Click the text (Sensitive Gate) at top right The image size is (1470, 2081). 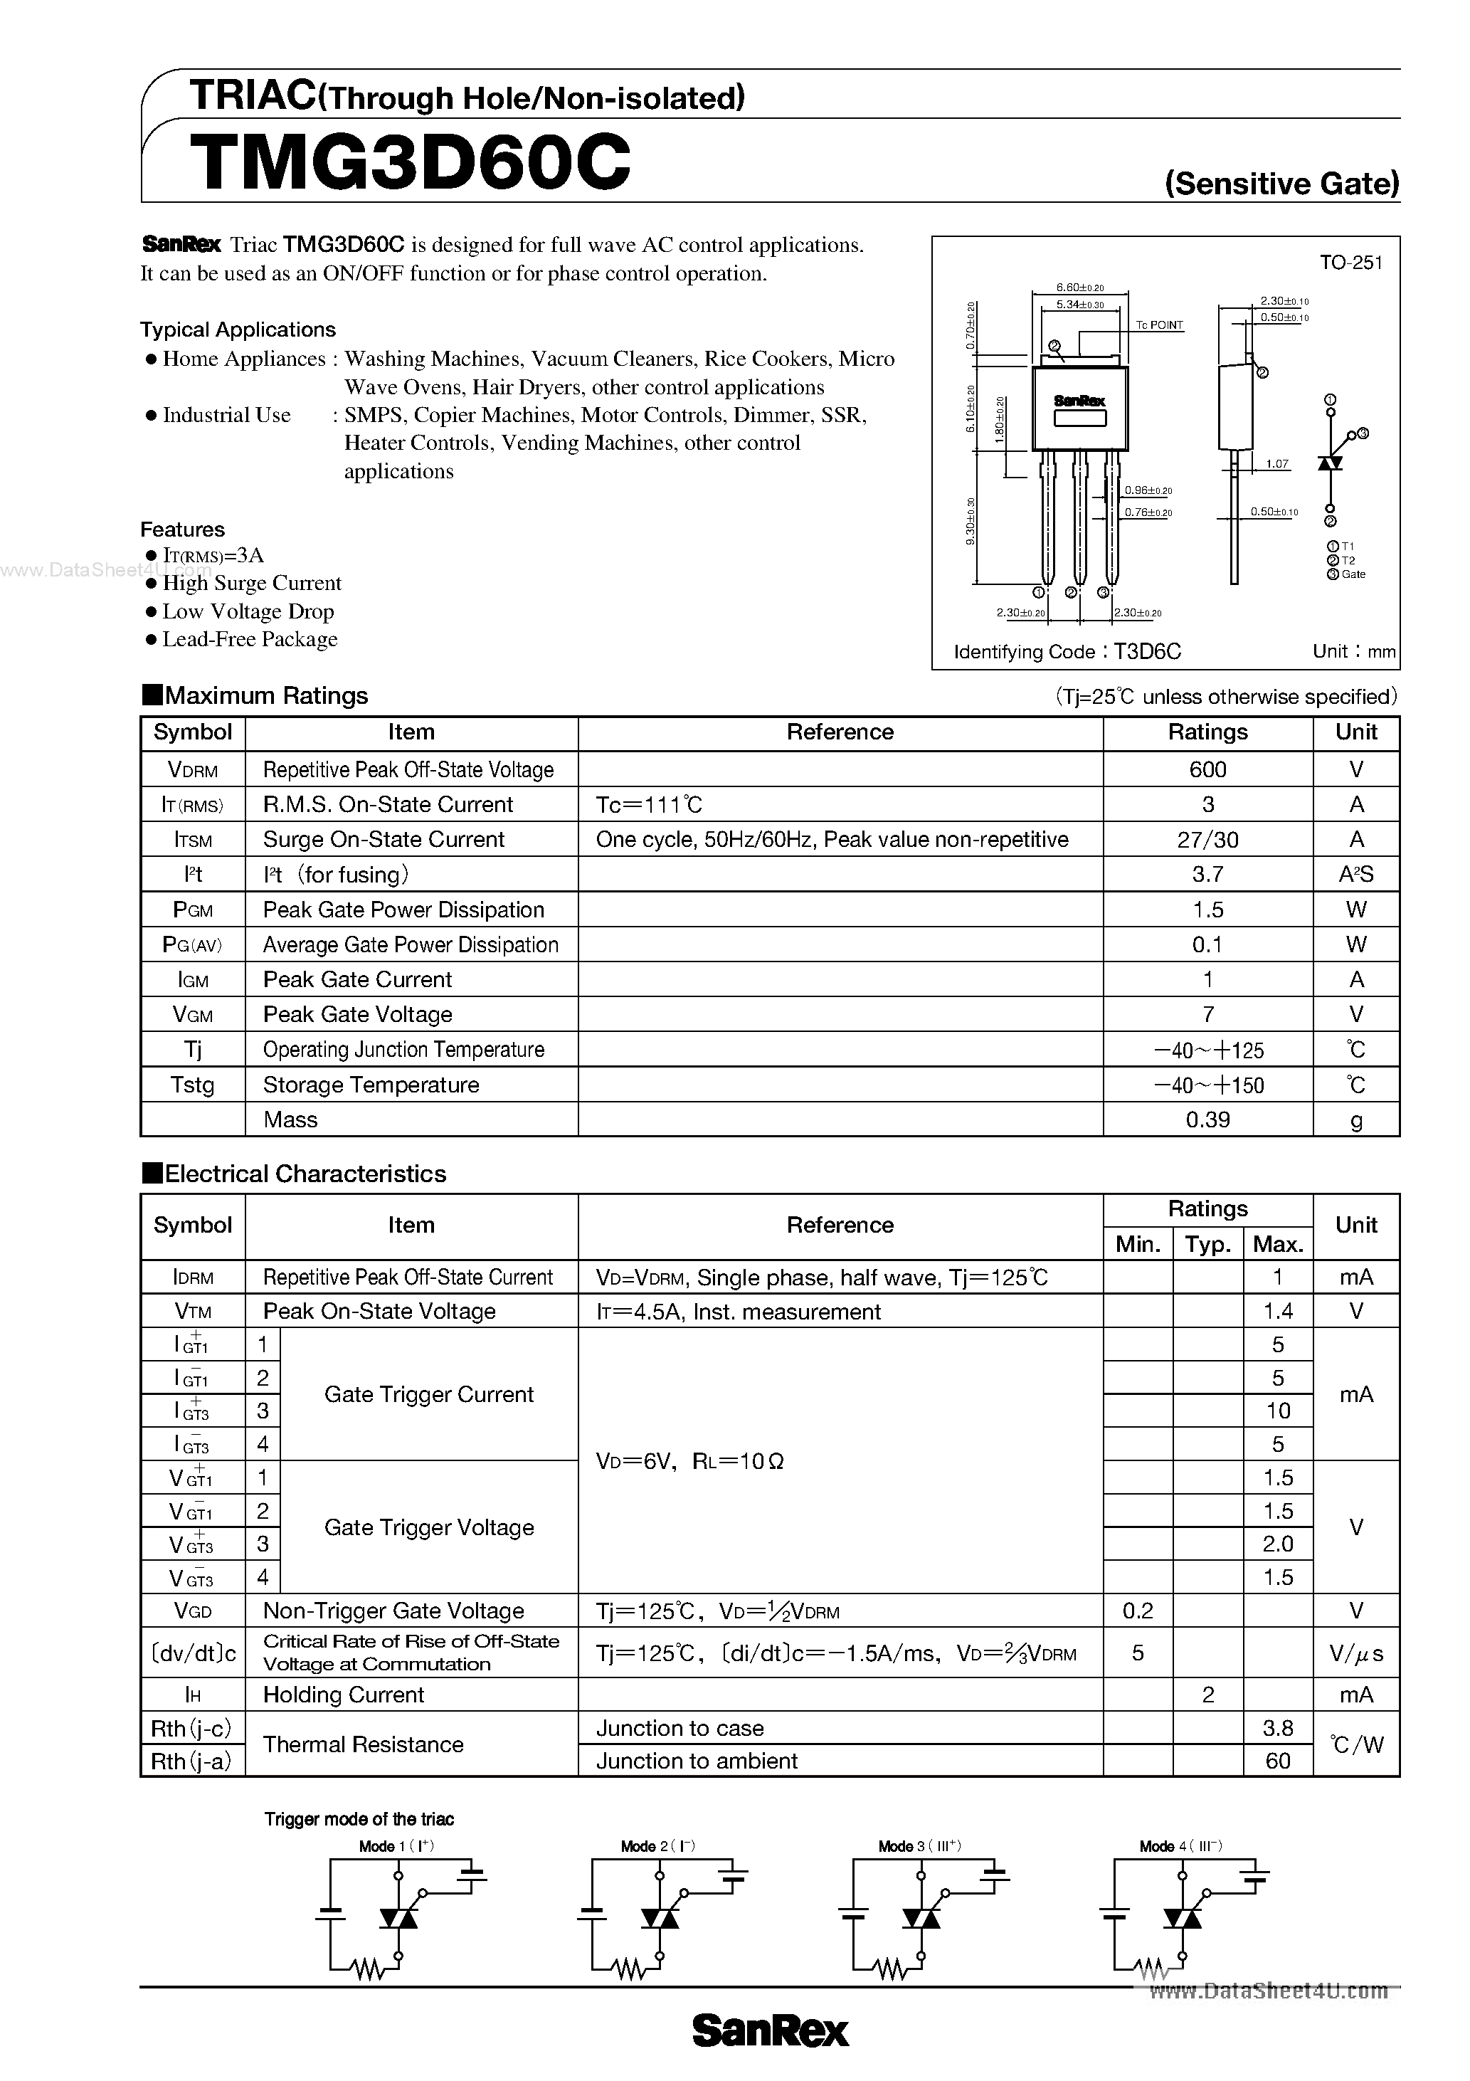coord(1281,184)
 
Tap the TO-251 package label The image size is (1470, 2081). coord(1350,263)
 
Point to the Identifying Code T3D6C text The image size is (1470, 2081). coord(1067,652)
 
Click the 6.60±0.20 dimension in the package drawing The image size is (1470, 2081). coord(1079,288)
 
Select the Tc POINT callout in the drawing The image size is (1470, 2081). coord(1159,325)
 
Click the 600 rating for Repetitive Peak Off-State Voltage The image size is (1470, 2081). coord(1207,769)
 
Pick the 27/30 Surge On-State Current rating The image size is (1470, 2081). coord(1207,839)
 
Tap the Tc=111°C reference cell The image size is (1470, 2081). coord(649,805)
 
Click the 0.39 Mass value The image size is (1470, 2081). coord(1207,1119)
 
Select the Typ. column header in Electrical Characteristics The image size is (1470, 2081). coord(1207,1245)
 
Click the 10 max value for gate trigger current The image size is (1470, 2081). coord(1277,1411)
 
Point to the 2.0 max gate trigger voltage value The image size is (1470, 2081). coord(1277,1544)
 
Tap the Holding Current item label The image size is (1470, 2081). coord(344,1695)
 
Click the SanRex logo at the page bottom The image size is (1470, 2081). coord(771,2031)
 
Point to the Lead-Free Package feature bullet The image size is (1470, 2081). coord(249,639)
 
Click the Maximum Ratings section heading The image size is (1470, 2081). coord(265,695)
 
